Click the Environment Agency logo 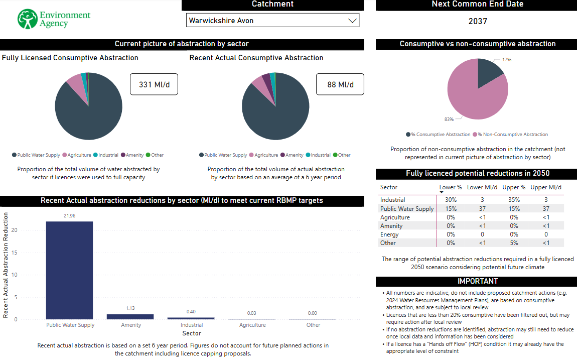click(x=54, y=19)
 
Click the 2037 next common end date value click(x=478, y=21)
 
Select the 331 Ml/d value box click(x=154, y=84)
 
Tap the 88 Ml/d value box click(x=340, y=84)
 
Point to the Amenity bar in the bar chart click(x=130, y=317)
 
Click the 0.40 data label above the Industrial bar click(x=191, y=312)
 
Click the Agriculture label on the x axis click(x=252, y=325)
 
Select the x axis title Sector click(x=192, y=333)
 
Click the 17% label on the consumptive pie click(x=507, y=60)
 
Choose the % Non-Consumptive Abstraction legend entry click(x=512, y=135)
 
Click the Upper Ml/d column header click(x=546, y=187)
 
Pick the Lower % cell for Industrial click(x=451, y=200)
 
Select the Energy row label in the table click(x=389, y=234)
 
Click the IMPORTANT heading click(x=477, y=281)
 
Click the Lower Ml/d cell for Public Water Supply click(x=482, y=209)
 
